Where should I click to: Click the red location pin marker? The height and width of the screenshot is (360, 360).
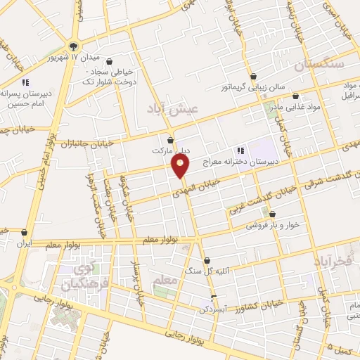(181, 166)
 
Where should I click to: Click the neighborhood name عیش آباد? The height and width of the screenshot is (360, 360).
(173, 108)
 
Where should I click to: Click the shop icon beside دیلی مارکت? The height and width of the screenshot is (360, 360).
(170, 140)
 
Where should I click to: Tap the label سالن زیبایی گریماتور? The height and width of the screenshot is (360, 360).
(252, 86)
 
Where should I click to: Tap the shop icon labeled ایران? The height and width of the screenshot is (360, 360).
(25, 232)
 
